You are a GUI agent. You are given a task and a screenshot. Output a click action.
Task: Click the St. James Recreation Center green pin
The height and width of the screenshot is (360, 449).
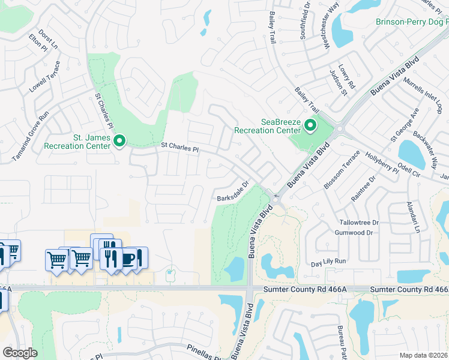point(119,142)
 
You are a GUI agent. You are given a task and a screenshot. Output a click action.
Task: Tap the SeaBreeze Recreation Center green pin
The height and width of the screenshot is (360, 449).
point(310,126)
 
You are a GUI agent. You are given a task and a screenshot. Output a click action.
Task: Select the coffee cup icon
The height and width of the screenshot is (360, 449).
point(128,258)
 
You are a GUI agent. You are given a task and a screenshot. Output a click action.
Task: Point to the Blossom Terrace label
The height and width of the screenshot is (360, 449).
point(342,170)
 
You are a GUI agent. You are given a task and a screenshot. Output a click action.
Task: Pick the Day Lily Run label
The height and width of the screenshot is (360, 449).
point(329,262)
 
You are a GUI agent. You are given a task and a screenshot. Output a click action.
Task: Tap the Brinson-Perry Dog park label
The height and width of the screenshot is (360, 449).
point(412,22)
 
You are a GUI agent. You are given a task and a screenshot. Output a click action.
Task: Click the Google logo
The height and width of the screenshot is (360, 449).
point(20,352)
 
